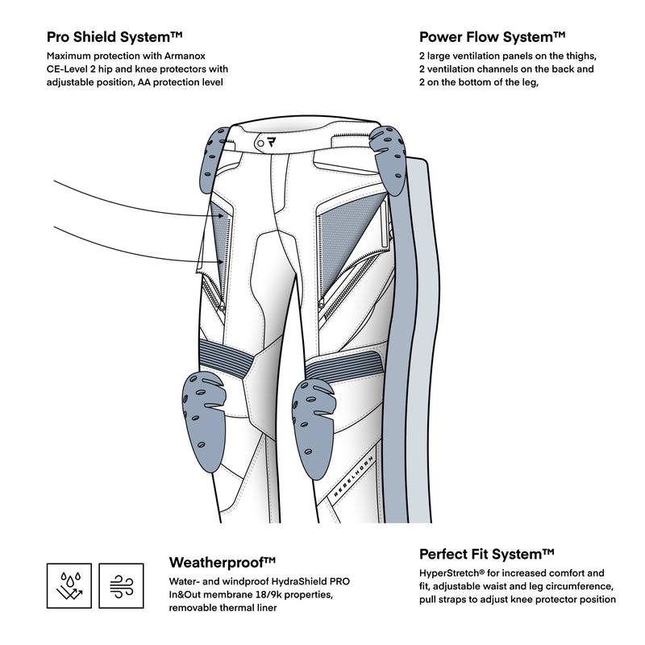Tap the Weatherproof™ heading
223,562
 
